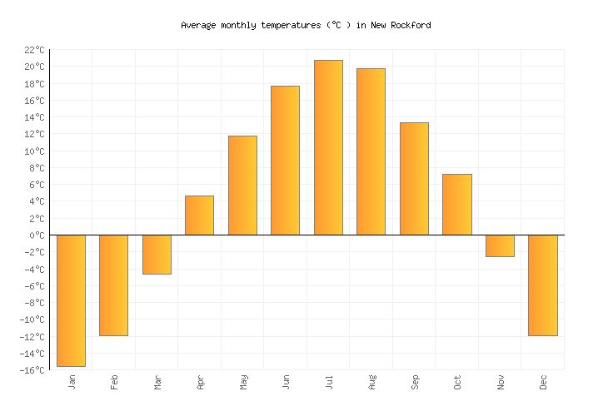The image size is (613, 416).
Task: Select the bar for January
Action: click(71, 300)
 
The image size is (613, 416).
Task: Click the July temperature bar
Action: click(328, 147)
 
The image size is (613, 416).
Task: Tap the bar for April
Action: click(199, 215)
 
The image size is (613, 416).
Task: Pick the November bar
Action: click(500, 245)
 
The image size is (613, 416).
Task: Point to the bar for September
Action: click(414, 179)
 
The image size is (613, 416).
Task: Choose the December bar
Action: click(543, 285)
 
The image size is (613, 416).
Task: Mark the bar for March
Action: click(157, 255)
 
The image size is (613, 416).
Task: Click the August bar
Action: click(371, 151)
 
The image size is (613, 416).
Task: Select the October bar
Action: click(456, 205)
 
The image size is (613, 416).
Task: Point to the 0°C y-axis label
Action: click(38, 235)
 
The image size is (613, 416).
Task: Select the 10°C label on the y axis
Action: click(36, 151)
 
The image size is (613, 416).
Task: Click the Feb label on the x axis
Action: click(114, 382)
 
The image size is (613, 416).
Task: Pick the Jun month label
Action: click(286, 382)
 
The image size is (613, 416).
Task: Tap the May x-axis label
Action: click(243, 382)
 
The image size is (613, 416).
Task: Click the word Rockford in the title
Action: click(411, 25)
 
